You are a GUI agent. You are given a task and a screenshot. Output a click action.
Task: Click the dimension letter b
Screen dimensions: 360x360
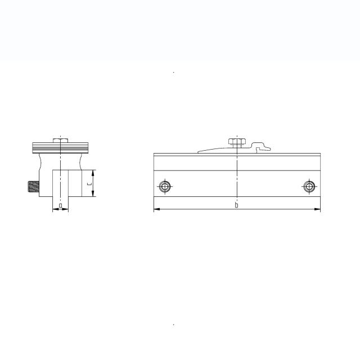236,205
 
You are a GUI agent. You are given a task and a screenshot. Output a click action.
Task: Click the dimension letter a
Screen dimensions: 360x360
60,206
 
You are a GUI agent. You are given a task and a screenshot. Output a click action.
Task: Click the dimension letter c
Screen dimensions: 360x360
89,183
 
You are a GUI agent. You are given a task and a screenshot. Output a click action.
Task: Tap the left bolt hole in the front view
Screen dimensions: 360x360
165,187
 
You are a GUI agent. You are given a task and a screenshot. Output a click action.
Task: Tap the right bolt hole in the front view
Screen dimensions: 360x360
308,187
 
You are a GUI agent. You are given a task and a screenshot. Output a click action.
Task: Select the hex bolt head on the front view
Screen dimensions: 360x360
237,141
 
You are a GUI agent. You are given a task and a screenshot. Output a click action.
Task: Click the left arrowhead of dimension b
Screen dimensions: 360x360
156,210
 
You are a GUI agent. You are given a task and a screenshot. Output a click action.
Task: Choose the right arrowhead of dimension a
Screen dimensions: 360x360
67,210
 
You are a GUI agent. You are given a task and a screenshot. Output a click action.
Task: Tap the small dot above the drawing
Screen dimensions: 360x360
174,73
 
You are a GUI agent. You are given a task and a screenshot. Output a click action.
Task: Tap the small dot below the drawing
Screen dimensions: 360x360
174,325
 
